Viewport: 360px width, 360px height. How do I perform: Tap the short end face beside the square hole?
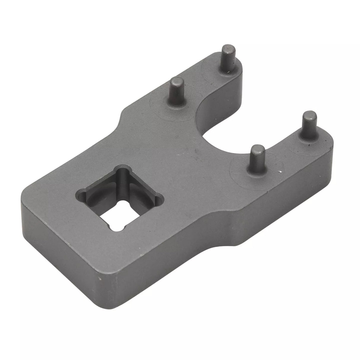point(56,252)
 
